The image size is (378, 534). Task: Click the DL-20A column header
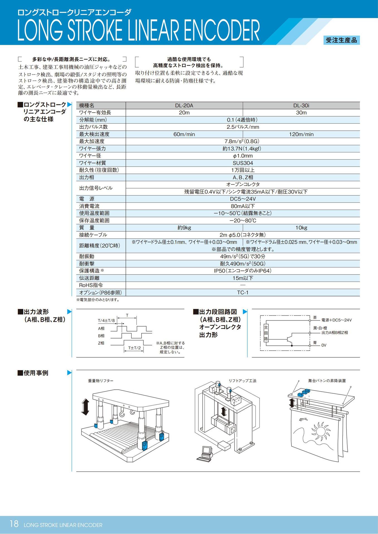184,106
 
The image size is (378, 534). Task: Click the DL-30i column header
301,106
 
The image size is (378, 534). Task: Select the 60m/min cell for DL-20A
184,134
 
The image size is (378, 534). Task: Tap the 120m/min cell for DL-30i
301,134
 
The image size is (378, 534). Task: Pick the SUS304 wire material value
243,163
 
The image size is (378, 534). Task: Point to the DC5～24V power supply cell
243,199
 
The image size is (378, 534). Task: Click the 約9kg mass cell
184,228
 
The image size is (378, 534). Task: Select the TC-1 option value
243,293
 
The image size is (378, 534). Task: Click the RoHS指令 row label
91,285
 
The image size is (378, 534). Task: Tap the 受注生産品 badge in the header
341,40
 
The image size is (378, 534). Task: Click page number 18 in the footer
14,524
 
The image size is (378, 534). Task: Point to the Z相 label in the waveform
101,343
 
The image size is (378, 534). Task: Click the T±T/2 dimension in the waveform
134,348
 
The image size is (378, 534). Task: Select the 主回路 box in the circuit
266,333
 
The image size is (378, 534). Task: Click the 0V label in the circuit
324,345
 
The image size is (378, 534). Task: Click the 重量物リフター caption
101,381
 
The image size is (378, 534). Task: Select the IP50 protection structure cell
243,271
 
